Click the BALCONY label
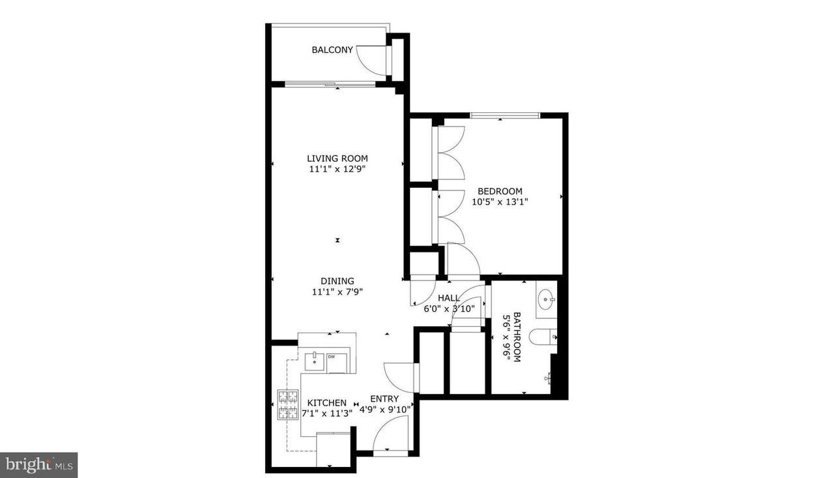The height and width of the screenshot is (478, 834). coord(332,50)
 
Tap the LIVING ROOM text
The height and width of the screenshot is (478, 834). coord(338,158)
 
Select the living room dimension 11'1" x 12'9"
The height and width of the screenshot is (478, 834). coord(338,169)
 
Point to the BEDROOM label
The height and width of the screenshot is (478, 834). coord(500,191)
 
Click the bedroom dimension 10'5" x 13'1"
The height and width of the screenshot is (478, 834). coord(500,202)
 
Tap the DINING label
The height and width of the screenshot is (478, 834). coord(338,281)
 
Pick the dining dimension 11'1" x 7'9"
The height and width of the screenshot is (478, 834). coord(338,291)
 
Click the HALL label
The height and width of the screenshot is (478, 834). coord(449,298)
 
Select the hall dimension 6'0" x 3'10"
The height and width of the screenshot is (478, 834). coord(450,308)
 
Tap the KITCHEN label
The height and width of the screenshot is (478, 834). coord(327,403)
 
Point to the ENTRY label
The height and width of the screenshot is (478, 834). coord(384,398)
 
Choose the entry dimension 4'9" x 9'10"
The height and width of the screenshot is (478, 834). coord(384,410)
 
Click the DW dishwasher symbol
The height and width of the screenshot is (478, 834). coord(337,363)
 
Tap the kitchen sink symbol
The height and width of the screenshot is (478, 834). coord(315,361)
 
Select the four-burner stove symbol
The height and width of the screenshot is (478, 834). coord(288,404)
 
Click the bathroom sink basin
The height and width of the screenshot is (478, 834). coord(547,299)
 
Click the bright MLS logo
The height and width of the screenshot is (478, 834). coord(38,465)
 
